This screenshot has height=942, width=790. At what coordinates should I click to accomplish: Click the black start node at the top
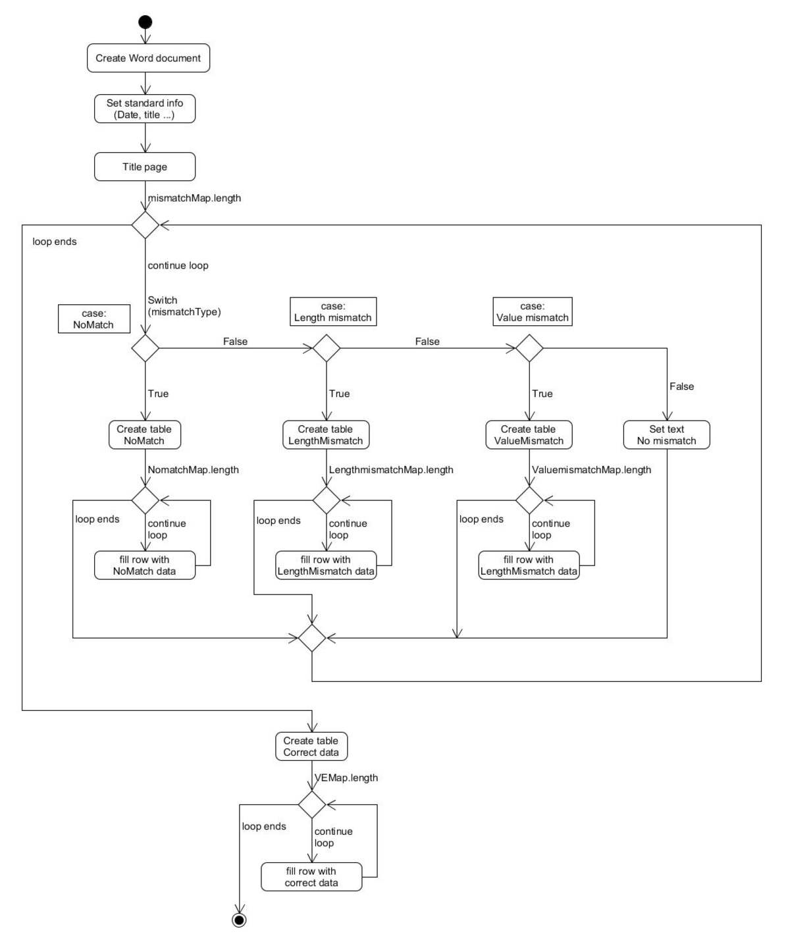145,22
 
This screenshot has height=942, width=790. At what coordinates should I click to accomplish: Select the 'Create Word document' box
148,58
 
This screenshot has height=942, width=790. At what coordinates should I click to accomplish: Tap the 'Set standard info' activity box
145,109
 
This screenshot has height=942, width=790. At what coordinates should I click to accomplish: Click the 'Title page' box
145,167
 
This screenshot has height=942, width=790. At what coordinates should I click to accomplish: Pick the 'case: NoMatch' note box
94,319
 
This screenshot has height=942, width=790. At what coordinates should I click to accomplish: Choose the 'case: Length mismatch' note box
333,312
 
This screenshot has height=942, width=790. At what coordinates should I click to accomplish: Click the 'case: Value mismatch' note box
533,312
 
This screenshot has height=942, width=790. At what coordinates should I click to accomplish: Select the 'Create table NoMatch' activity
145,435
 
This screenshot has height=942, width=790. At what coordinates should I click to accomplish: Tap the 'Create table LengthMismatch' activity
326,435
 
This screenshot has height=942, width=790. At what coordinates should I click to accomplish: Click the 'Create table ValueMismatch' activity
529,435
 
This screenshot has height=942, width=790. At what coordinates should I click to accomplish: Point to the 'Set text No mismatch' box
666,435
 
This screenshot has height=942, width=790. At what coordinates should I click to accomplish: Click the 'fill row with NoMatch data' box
145,565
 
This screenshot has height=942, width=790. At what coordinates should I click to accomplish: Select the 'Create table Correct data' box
311,746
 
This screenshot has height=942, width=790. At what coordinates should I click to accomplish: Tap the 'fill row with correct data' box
311,877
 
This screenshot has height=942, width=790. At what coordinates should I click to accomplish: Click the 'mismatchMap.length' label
194,198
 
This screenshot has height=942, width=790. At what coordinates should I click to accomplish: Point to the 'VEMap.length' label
346,778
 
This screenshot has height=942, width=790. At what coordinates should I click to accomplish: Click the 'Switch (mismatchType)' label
184,306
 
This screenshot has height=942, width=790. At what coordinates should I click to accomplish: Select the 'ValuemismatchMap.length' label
591,469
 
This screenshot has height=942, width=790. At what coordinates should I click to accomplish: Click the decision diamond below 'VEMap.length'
312,804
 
